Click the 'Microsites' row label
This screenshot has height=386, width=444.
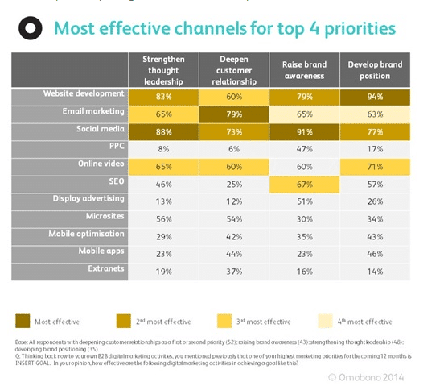(104, 217)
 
